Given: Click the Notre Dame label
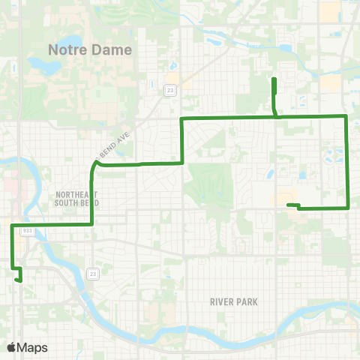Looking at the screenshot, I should (90, 49).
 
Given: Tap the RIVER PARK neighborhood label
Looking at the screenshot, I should (235, 302).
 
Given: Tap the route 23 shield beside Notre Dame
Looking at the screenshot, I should (171, 90).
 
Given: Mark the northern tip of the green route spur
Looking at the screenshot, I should (274, 79).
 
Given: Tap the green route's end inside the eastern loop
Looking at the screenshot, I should (288, 205).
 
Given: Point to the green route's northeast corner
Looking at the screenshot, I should (345, 115).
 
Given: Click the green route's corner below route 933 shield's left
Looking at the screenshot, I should (12, 225).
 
